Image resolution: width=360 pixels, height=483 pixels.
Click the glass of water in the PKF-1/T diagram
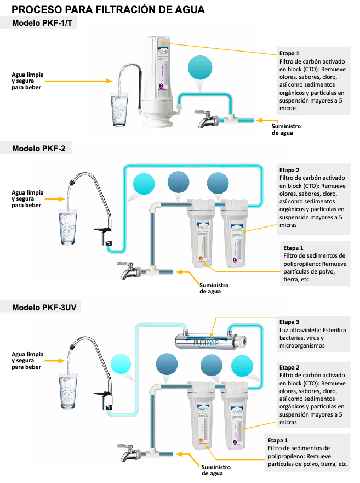click(x=118, y=104)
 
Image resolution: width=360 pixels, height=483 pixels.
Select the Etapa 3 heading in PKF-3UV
click(x=289, y=322)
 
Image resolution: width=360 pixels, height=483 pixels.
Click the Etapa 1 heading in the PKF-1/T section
click(x=289, y=54)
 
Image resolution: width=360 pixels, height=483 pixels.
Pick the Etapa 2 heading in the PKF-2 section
click(x=289, y=170)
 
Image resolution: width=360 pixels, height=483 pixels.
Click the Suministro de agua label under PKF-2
click(x=214, y=288)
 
